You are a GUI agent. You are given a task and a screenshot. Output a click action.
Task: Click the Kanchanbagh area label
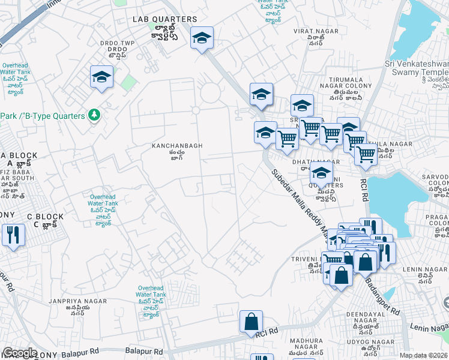tap(176, 146)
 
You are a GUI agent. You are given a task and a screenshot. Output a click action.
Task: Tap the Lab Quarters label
tap(164, 20)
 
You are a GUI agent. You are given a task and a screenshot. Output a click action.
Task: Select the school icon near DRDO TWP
tap(101, 77)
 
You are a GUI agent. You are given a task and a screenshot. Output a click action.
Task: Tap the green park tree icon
tap(94, 114)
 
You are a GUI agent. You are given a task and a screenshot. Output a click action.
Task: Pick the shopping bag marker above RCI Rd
tap(250, 322)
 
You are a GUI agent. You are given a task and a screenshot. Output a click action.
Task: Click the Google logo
tap(20, 353)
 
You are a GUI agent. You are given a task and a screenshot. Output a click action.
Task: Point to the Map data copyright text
tap(423, 355)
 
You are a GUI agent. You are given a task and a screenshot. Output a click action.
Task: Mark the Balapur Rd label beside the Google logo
tap(145, 351)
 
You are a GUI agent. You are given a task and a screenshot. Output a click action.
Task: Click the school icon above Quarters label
tap(321, 173)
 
